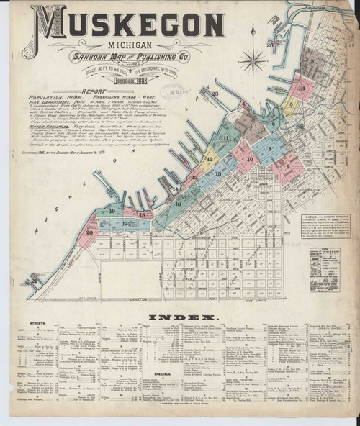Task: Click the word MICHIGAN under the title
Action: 127,46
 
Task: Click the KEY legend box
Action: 325,267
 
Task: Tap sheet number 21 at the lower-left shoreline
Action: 34,280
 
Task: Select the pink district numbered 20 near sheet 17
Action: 89,232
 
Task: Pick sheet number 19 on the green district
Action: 112,211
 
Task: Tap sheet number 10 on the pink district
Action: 250,159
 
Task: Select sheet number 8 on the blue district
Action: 269,149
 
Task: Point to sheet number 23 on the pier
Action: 215,94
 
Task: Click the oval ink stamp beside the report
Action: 171,91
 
